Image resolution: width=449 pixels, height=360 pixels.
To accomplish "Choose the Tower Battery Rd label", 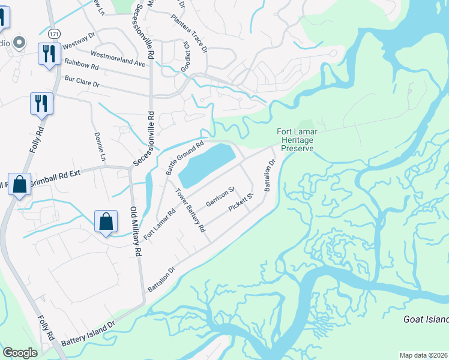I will click(x=190, y=211).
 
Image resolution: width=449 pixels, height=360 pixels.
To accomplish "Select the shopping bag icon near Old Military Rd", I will click(x=106, y=221).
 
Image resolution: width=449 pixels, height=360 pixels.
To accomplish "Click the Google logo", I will click(x=20, y=353).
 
